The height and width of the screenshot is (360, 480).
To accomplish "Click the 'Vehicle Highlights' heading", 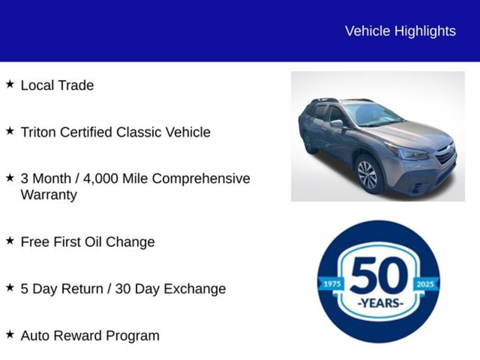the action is (400, 31).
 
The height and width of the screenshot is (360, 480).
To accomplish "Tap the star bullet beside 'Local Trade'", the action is (10, 84).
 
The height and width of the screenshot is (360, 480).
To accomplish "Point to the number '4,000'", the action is (100, 179).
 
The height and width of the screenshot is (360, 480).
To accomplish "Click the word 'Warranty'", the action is (49, 195).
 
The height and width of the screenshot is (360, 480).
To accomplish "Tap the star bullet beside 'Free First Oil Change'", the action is (10, 240).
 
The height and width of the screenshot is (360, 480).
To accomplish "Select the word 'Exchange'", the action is (195, 289).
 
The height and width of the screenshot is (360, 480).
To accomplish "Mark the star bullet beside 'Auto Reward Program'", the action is (10, 334).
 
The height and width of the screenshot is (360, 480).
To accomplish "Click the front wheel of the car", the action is (368, 174).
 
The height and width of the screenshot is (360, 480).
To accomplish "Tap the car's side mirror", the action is (337, 123).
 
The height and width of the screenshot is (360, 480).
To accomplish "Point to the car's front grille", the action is (446, 154).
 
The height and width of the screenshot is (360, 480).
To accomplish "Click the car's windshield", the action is (374, 114).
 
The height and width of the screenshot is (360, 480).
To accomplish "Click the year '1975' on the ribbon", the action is (332, 284).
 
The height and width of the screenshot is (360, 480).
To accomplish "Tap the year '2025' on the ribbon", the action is (425, 284).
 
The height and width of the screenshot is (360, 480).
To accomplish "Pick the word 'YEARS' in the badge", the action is (380, 303).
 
